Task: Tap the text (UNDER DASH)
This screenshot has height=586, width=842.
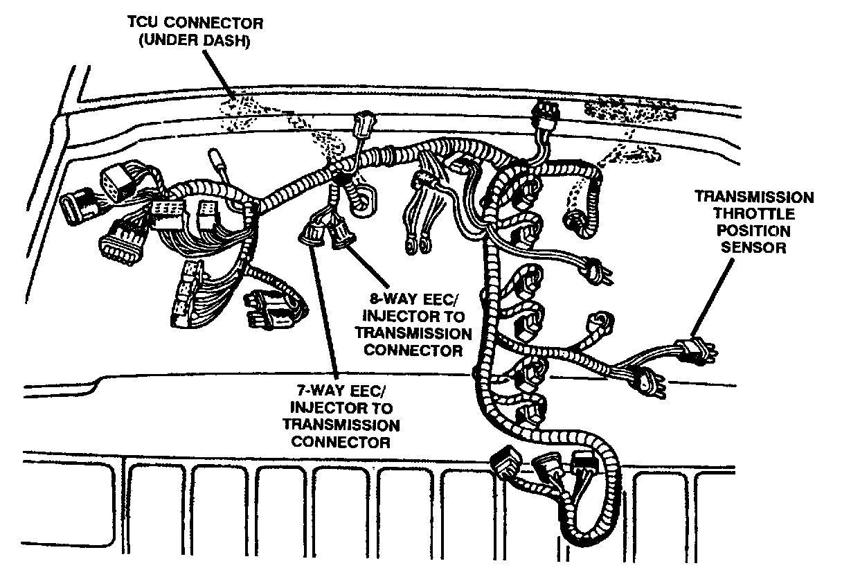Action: point(194,42)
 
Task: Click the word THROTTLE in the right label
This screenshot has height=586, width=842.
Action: point(754,214)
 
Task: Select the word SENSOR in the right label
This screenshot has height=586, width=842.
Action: point(755,247)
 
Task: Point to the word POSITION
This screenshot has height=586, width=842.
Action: point(755,231)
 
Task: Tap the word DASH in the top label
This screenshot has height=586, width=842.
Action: point(224,42)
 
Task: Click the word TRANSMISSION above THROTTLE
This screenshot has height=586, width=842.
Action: point(754,197)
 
